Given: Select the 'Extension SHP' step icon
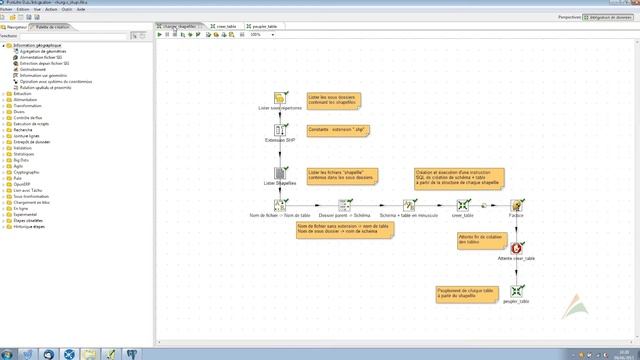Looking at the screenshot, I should pyautogui.click(x=281, y=130).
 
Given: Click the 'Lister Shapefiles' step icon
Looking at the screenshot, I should pyautogui.click(x=281, y=174).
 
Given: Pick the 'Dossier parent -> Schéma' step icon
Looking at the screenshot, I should pyautogui.click(x=344, y=206).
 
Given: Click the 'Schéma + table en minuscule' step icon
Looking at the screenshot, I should pyautogui.click(x=408, y=206).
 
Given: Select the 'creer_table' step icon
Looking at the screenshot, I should pyautogui.click(x=463, y=206).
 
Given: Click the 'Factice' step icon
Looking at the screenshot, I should pyautogui.click(x=517, y=206).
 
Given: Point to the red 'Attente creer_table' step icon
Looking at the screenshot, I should pyautogui.click(x=517, y=247).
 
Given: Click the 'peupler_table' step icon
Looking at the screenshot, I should pyautogui.click(x=517, y=291).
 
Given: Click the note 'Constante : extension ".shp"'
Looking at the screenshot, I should pyautogui.click(x=331, y=130).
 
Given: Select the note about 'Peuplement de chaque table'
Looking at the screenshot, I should pyautogui.click(x=467, y=293).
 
